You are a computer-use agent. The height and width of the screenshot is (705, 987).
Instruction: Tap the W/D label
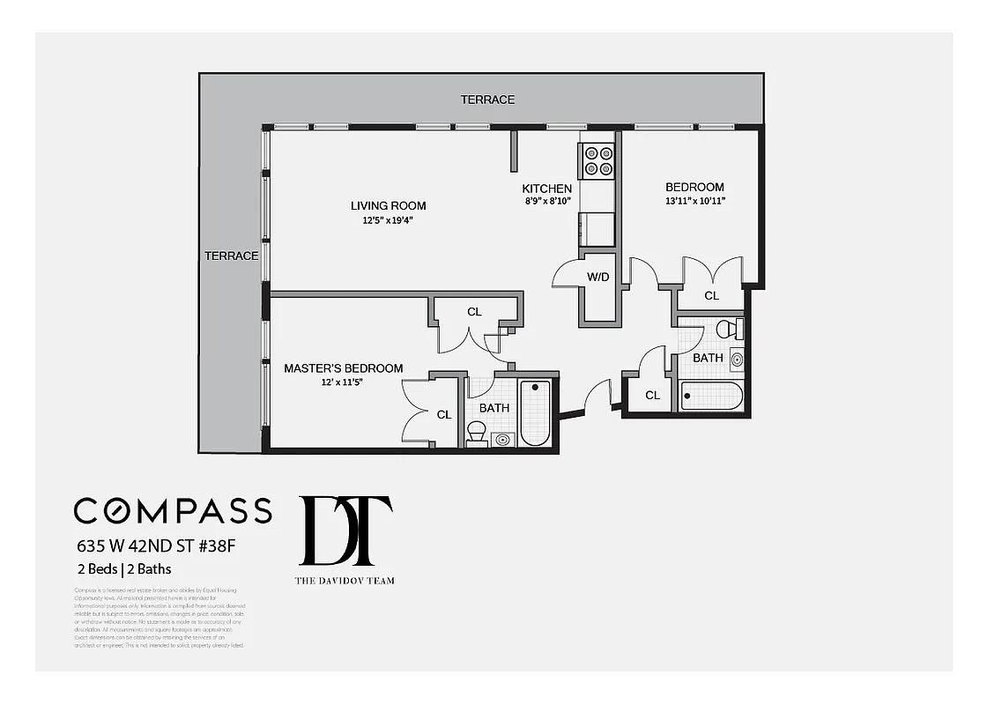(598, 277)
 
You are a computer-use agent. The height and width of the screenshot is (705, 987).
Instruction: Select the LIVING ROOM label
(388, 206)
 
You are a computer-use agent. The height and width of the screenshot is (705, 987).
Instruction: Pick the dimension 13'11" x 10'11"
(694, 201)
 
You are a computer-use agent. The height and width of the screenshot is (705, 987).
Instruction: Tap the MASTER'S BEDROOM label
(343, 368)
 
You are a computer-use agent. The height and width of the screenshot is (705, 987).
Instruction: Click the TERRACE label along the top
(487, 100)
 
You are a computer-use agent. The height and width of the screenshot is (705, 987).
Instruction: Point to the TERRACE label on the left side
(231, 256)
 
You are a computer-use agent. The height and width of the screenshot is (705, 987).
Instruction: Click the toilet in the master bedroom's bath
(476, 433)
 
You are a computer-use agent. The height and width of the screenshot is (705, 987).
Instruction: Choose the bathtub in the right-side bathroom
(711, 396)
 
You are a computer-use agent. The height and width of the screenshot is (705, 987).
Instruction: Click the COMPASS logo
(173, 511)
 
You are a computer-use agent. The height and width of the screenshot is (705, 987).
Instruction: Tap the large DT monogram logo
(345, 531)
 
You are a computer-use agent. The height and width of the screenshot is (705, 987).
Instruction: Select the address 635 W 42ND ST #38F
(155, 545)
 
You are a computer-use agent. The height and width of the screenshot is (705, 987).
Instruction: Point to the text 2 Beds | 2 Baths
(122, 568)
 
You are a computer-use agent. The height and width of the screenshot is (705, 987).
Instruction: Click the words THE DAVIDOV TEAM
(345, 580)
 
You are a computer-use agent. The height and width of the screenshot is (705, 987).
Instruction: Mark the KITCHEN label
(546, 189)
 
